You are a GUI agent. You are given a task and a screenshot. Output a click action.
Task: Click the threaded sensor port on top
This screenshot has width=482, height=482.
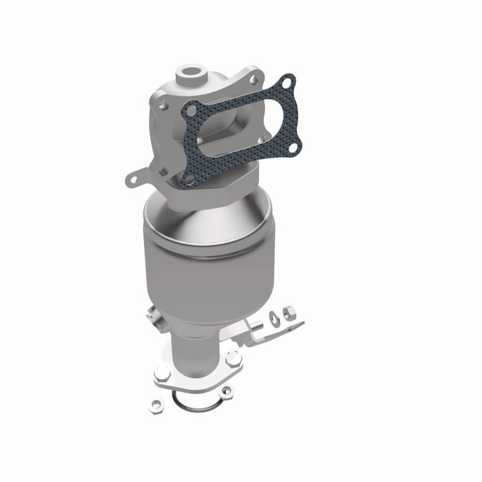tap(189, 71)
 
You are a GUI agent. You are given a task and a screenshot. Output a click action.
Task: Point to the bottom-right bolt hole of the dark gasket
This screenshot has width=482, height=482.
tap(293, 147)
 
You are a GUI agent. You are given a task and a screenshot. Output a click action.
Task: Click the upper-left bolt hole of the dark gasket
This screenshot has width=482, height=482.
tap(192, 109)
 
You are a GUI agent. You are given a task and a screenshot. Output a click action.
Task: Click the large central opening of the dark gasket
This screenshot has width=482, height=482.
tap(238, 131)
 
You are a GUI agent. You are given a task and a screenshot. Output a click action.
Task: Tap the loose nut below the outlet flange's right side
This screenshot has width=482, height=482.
tap(227, 390)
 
